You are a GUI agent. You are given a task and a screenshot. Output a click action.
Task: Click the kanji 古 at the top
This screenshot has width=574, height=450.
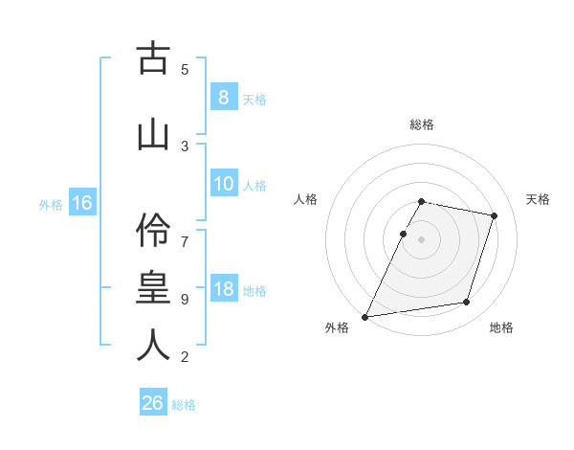pos(151,59)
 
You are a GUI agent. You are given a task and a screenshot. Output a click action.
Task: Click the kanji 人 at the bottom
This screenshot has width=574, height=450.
pos(151,345)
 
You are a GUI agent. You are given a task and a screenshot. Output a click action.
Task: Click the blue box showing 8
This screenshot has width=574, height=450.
pos(223,98)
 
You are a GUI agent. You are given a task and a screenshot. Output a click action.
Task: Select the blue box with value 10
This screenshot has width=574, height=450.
pos(223,185)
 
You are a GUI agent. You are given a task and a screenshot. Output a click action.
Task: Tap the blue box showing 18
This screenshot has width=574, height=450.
pos(223,290)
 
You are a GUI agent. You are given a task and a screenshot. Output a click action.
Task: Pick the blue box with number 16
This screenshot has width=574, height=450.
pos(81,203)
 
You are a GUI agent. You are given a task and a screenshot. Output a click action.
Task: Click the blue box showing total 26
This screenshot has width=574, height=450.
pos(153,403)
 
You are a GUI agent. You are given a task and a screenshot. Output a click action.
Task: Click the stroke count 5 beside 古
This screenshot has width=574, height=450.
pos(185,69)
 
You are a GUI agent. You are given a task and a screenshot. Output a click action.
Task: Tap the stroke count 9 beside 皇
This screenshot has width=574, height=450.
pos(185,299)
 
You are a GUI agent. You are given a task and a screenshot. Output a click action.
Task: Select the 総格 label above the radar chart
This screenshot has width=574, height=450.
pos(421,124)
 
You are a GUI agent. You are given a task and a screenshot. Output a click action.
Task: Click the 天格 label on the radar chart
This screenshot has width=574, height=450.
pos(539,199)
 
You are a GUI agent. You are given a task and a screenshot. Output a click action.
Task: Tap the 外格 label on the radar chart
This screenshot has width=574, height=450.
pos(337,327)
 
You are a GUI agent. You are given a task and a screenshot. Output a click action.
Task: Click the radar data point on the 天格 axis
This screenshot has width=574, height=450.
pos(494,215)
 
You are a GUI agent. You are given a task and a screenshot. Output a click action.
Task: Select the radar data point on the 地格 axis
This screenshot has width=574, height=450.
pos(467,302)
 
